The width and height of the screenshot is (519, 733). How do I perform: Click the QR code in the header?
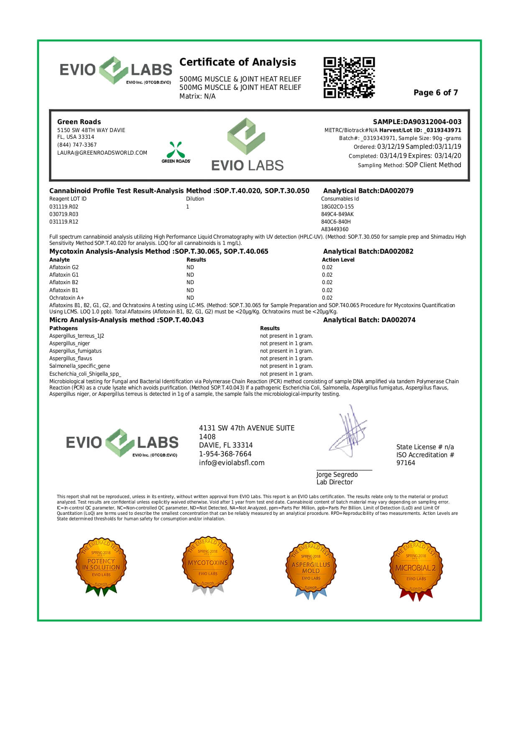point(349,78)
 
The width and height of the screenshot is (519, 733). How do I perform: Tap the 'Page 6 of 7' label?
point(435,93)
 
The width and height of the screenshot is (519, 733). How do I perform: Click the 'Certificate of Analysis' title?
point(238,62)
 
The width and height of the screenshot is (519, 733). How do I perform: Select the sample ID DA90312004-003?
point(417,122)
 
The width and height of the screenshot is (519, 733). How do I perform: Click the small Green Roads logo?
point(176,152)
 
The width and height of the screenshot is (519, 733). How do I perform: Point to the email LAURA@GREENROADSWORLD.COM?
point(102,153)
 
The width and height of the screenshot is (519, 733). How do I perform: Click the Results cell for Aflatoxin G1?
point(190,275)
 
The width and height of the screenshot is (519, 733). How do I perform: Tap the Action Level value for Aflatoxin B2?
point(327,283)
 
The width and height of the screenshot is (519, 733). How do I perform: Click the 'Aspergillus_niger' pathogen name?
point(69,344)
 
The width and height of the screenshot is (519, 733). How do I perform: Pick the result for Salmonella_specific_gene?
point(286,366)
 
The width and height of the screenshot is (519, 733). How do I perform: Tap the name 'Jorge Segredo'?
point(337,475)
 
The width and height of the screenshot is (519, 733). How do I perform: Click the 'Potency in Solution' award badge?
point(101,566)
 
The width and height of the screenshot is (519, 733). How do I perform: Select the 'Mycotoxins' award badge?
point(208,565)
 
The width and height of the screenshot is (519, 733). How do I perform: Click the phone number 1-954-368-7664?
point(225,454)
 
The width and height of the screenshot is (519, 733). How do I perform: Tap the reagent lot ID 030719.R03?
point(64,214)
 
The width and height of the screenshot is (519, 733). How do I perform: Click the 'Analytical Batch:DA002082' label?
point(368,252)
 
